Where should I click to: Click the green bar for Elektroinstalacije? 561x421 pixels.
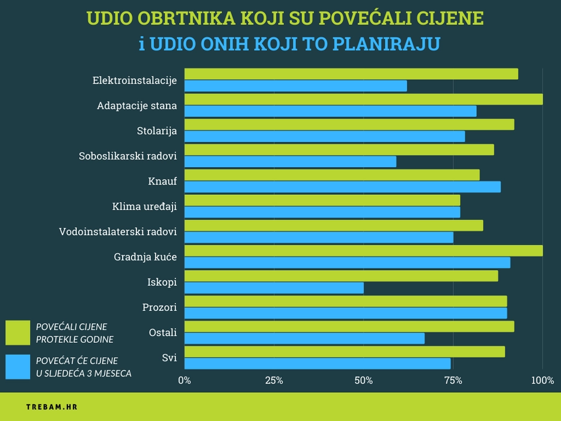pos(351,74)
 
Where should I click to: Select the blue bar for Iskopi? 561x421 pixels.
pos(274,288)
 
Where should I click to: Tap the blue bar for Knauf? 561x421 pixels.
pos(342,187)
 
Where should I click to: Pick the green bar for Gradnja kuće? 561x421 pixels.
pos(363,251)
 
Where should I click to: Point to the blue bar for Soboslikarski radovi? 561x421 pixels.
pos(290,162)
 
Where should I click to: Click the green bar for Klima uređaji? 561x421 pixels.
pos(322,200)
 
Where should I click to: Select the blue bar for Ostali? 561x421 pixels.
pos(304,339)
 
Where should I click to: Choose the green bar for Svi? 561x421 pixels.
pos(345,352)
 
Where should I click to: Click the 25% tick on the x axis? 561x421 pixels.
pos(274,380)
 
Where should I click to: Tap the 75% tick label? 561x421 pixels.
pos(453,380)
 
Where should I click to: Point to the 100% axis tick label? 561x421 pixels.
pos(543,380)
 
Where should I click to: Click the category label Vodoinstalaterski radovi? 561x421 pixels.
pos(118,232)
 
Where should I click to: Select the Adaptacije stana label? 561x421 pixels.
pos(137,106)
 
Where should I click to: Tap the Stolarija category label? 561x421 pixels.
pos(157,131)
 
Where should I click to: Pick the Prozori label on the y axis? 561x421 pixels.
pos(159,307)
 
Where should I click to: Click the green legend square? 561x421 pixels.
pos(17,333)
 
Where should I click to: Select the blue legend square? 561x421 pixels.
pos(17,367)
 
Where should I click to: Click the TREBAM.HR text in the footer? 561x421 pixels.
pos(52,407)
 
